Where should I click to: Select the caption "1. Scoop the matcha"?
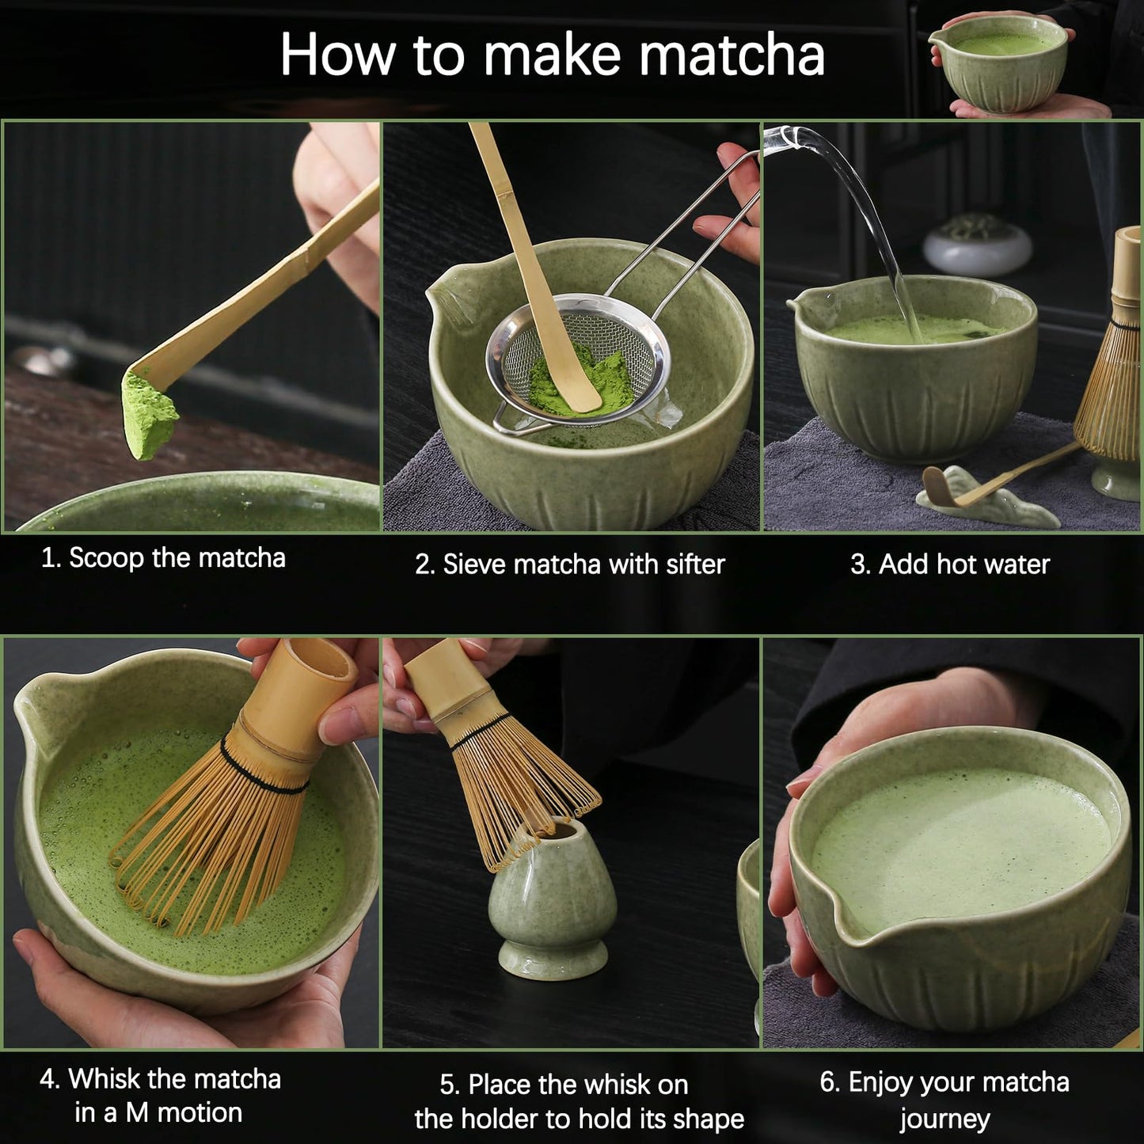click(x=163, y=558)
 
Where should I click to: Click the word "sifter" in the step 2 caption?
click(x=695, y=564)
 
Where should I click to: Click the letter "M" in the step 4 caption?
click(x=137, y=1113)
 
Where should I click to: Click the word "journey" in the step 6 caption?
click(x=944, y=1119)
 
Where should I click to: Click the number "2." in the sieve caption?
click(x=425, y=564)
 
